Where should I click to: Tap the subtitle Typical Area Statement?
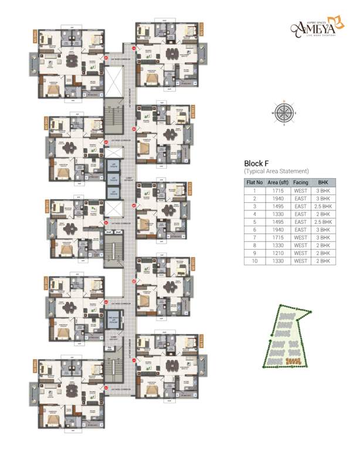tap(276, 171)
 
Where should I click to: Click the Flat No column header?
tap(254, 183)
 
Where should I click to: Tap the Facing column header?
tap(301, 183)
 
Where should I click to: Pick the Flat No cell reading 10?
tap(254, 261)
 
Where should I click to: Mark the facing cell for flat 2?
tap(301, 199)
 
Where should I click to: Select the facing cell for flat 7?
tap(301, 238)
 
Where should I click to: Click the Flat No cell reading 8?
tap(254, 246)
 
